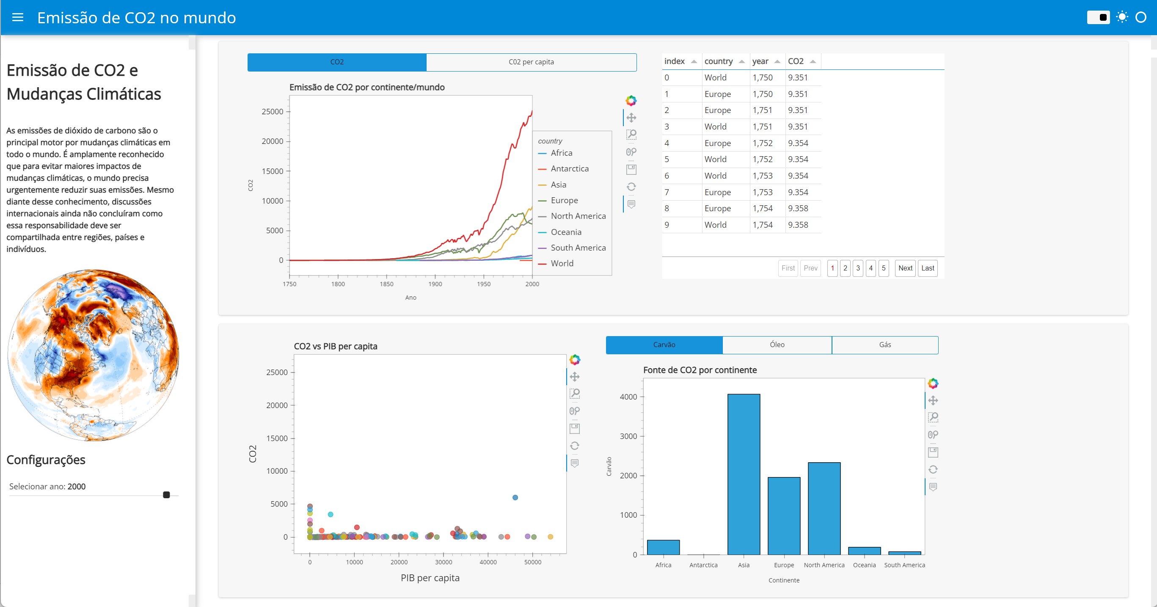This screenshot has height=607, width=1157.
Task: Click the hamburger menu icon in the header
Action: click(17, 17)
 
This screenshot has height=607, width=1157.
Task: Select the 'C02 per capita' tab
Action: click(531, 62)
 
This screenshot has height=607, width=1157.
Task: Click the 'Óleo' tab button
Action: click(777, 345)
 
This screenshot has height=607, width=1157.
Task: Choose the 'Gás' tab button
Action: click(884, 345)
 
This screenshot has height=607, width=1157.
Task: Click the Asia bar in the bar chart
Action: click(744, 474)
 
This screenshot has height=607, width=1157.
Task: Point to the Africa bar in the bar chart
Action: click(663, 547)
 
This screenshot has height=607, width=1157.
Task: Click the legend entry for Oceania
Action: click(565, 232)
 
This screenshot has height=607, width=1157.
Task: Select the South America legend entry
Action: click(578, 248)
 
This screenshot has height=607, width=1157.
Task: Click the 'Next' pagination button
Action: click(905, 268)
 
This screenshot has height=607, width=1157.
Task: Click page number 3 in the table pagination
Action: click(857, 268)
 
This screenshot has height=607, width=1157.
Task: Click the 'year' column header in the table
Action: click(760, 61)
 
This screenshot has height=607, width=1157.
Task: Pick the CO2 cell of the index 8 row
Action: click(798, 209)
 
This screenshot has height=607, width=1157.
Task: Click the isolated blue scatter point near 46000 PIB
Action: click(515, 497)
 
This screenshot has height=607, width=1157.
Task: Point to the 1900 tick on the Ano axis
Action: click(435, 284)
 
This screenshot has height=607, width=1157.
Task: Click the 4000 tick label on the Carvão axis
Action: click(628, 397)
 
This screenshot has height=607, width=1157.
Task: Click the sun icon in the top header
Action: click(1121, 17)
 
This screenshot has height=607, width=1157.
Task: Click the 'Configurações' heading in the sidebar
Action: click(46, 460)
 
